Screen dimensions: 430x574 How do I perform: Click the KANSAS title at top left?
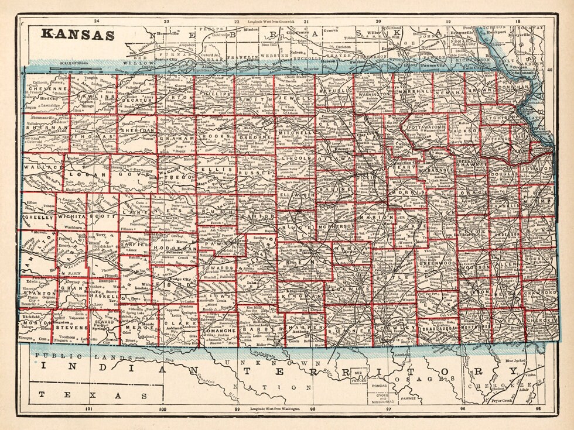77,35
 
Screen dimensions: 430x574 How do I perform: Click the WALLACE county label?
43,167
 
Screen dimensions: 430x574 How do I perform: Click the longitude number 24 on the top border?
96,21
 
